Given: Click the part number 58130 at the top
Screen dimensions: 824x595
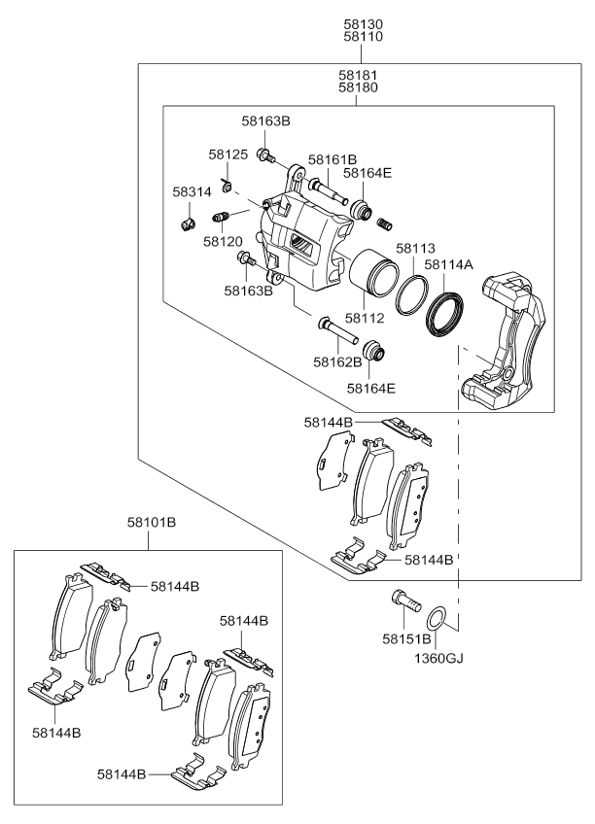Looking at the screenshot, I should point(364,22).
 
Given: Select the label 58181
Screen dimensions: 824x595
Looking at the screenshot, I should point(358,74).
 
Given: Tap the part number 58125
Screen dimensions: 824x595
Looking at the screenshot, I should point(229,154).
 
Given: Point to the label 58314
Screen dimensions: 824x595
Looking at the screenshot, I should point(192,192).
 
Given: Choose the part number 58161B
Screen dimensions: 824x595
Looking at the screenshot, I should point(332,159).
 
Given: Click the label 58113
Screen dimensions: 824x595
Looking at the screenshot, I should point(416,248).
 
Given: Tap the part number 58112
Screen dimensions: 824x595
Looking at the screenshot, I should point(368,317).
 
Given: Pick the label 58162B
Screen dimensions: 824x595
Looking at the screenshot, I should point(337,361).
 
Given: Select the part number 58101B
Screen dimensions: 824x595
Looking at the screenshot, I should point(151,523).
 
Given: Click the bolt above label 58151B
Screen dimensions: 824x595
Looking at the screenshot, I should point(402,601).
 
